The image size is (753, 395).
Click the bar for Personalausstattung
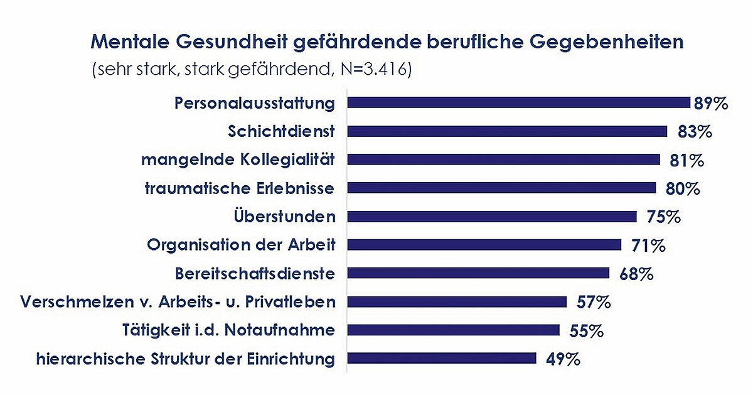click(x=519, y=103)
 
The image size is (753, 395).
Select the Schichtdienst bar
click(x=507, y=131)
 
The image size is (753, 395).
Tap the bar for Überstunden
click(x=492, y=217)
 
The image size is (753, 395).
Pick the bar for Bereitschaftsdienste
click(x=478, y=273)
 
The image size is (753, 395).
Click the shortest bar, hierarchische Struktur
click(x=442, y=359)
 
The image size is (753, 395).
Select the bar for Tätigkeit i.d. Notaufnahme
click(x=453, y=330)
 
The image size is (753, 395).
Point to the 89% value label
click(x=711, y=104)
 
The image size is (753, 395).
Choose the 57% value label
click(x=593, y=302)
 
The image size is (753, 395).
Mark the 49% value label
click(x=562, y=359)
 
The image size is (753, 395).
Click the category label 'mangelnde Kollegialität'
click(x=238, y=160)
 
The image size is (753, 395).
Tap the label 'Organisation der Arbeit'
click(x=241, y=245)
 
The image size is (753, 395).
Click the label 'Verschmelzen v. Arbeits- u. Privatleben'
click(x=178, y=302)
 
